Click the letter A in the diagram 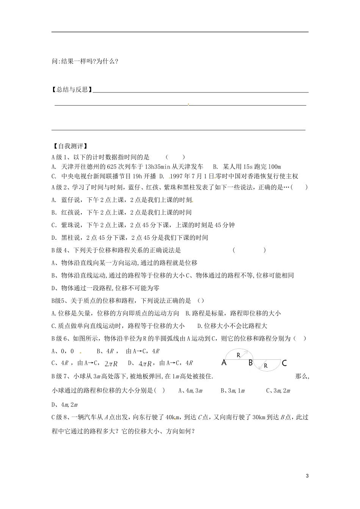pos(224,363)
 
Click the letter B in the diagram pos(250,363)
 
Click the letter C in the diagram pos(285,363)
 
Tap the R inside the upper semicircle pos(238,355)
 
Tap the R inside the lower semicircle pos(266,366)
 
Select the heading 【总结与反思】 pos(72,89)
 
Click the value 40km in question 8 pos(172,417)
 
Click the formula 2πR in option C pos(111,364)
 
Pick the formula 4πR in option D pos(145,364)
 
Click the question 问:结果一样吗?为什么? pos(85,61)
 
